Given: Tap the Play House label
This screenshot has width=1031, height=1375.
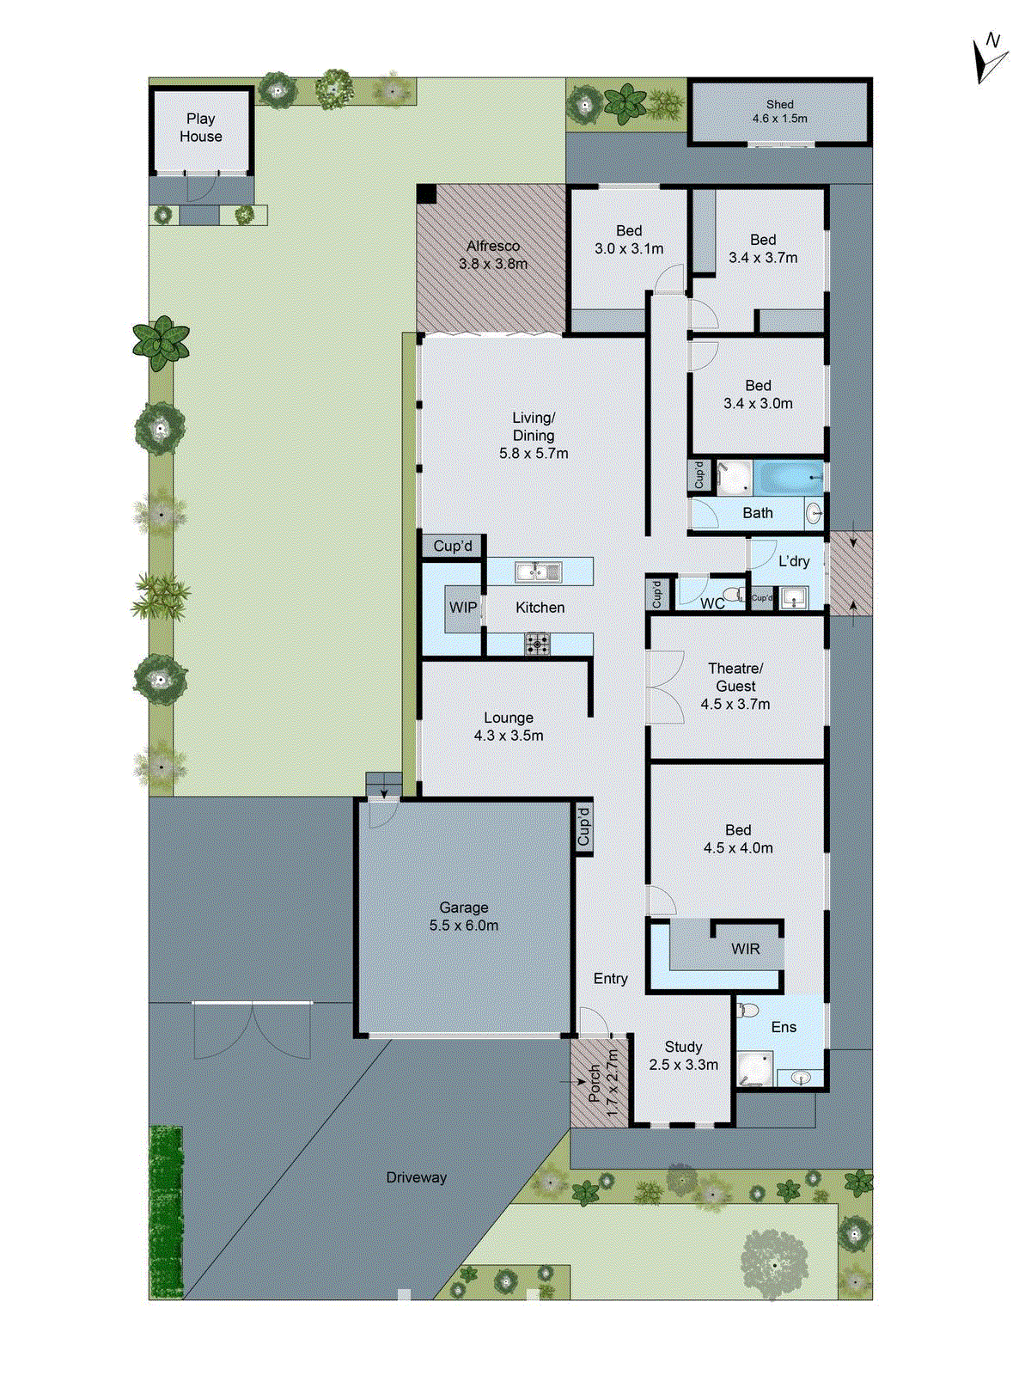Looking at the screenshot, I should click(200, 127).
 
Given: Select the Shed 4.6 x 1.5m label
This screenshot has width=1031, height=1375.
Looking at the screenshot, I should click(779, 111).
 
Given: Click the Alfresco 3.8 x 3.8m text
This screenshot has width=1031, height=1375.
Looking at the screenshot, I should click(493, 255).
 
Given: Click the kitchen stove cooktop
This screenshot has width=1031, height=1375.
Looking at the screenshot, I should click(538, 644).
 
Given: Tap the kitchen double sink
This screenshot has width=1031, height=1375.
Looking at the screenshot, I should click(538, 571).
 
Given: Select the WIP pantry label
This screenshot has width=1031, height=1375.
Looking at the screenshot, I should click(463, 608).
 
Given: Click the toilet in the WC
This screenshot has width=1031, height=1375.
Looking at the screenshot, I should click(733, 594).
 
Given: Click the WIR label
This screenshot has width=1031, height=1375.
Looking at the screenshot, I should click(745, 949).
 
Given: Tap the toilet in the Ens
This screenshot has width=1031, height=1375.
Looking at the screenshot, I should click(747, 1010).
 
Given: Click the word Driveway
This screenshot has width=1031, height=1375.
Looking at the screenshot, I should click(416, 1177).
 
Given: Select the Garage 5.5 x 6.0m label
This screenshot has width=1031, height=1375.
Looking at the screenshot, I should click(464, 916).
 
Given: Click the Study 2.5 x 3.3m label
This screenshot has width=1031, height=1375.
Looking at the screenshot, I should click(683, 1055).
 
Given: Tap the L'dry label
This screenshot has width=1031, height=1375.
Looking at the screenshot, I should click(794, 561).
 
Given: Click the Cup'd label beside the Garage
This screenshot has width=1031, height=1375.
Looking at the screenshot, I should click(584, 826).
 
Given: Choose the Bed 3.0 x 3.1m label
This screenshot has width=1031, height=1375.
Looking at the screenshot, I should click(629, 240).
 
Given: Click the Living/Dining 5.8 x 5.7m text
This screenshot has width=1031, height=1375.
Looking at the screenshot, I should click(534, 435).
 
